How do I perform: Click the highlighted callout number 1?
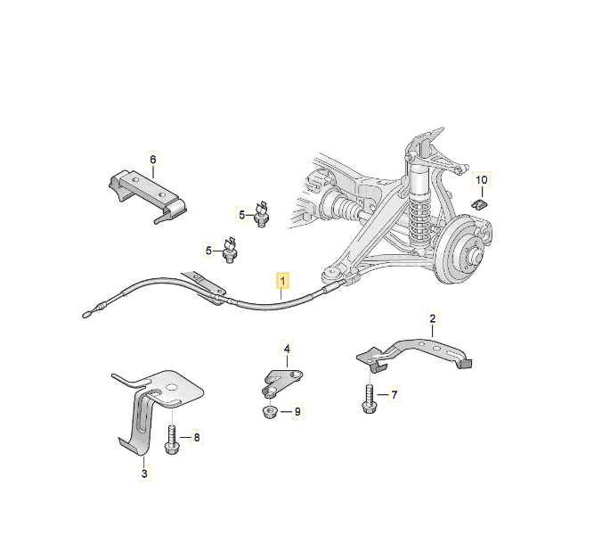coord(282,281)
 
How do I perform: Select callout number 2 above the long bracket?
coord(433,318)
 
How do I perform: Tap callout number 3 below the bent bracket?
coord(144,474)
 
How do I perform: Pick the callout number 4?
coord(287,349)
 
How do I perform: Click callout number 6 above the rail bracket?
coord(153,159)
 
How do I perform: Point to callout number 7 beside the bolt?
coord(394,394)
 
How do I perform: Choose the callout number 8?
coord(197,438)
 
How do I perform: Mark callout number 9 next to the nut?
coord(297,412)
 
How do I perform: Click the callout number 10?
coord(482,179)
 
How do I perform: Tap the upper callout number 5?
coord(241,215)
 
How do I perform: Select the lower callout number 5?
coord(208,251)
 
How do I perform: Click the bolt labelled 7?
coord(369,399)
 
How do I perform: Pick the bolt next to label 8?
coord(171,441)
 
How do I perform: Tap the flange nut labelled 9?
coord(271,413)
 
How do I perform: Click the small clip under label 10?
coord(479,204)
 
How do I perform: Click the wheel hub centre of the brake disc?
coord(473,254)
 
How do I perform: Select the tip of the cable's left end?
coord(85,316)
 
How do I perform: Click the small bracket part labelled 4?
coord(281,382)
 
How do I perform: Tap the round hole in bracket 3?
coord(172,387)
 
